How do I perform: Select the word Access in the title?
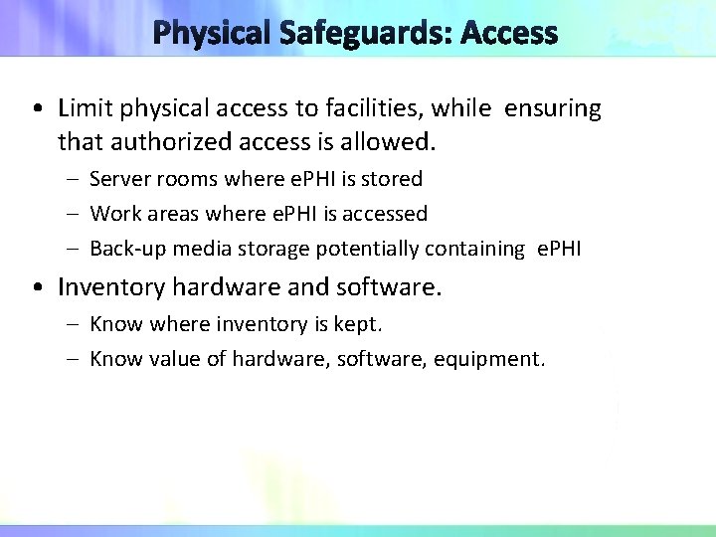[510, 33]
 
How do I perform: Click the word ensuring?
[553, 108]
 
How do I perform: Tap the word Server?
[117, 179]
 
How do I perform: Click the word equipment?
[492, 358]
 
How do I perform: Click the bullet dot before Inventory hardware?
[37, 288]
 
